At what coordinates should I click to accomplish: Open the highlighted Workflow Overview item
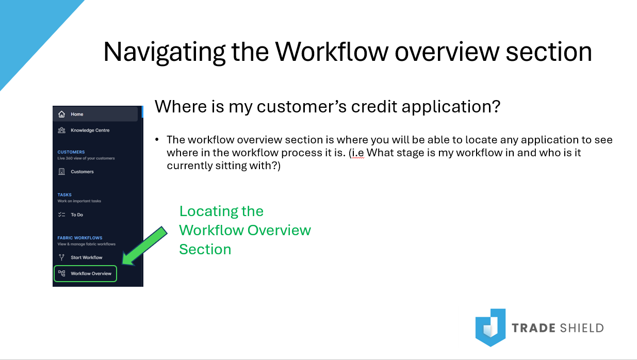pyautogui.click(x=85, y=273)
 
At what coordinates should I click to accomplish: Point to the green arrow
pyautogui.click(x=144, y=246)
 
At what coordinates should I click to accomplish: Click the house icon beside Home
pyautogui.click(x=62, y=114)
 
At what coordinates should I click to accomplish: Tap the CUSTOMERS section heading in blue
pyautogui.click(x=71, y=152)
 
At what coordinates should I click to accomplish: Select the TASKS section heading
pyautogui.click(x=64, y=195)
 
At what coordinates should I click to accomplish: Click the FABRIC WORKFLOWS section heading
pyautogui.click(x=80, y=238)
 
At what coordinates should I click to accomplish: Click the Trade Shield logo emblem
pyautogui.click(x=491, y=328)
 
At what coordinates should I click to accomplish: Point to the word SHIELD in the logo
pyautogui.click(x=582, y=328)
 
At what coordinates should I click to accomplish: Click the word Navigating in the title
pyautogui.click(x=165, y=52)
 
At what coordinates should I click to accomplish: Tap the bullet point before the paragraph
pyautogui.click(x=157, y=140)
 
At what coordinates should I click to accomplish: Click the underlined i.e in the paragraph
pyautogui.click(x=358, y=153)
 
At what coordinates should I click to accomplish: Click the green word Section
pyautogui.click(x=205, y=250)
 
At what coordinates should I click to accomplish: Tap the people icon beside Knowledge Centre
pyautogui.click(x=62, y=130)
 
